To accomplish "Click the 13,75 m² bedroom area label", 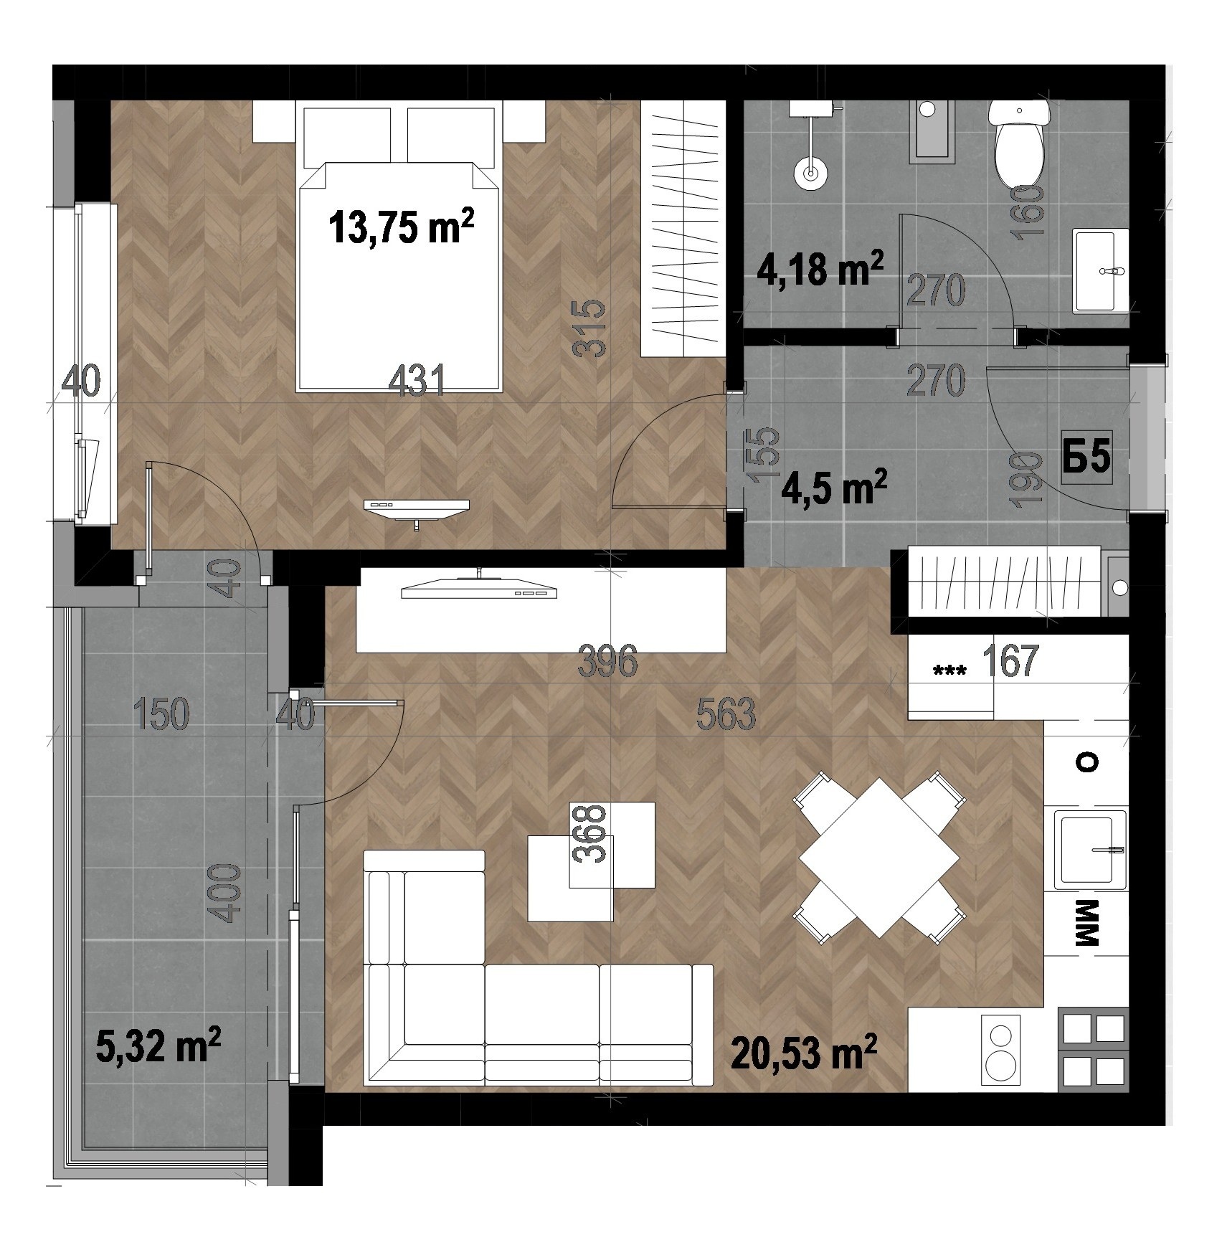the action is [x=402, y=227].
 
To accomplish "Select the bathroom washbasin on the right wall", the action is [x=1101, y=271].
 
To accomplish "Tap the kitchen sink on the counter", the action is [x=1090, y=849].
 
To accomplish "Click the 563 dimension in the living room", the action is [x=726, y=714].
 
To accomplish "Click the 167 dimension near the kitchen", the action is [x=1010, y=660].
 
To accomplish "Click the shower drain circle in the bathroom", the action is [x=811, y=173].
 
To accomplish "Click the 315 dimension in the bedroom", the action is [x=592, y=329].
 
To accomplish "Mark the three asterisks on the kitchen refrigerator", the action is [x=949, y=671].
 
